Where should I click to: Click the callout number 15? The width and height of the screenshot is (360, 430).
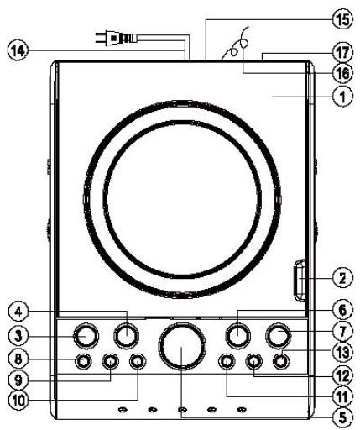(x=342, y=19)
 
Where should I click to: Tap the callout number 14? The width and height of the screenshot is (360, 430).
(x=18, y=50)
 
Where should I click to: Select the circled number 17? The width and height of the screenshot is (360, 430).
(x=342, y=53)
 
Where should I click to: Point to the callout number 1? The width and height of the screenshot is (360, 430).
(x=342, y=96)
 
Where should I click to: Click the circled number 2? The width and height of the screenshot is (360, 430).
(x=342, y=278)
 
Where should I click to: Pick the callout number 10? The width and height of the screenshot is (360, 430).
(x=18, y=401)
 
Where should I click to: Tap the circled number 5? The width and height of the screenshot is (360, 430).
(x=342, y=418)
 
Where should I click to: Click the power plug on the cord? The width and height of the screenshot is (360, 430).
(x=116, y=38)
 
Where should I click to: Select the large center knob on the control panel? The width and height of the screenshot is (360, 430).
(x=182, y=346)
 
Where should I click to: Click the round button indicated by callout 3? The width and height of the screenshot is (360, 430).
(x=86, y=336)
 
